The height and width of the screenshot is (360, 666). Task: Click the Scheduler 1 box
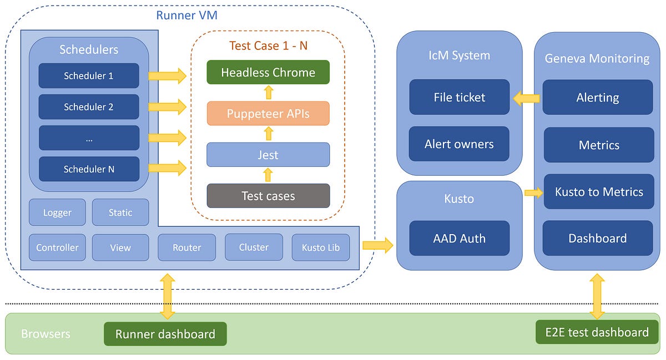pos(89,75)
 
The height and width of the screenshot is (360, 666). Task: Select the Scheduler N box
pos(89,169)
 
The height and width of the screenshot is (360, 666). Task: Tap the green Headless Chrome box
pos(268,72)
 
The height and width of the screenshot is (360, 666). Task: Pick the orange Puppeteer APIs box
pos(268,114)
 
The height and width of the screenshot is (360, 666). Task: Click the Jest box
pos(268,155)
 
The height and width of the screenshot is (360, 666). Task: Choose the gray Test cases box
pos(268,196)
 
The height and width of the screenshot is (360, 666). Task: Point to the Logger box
pos(57,212)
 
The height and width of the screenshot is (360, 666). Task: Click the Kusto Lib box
pos(321,247)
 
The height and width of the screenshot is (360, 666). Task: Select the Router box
pos(186,247)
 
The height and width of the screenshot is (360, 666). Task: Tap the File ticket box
pos(459,97)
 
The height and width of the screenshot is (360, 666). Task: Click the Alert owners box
pos(459,144)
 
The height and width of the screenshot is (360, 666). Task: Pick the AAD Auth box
pos(459,239)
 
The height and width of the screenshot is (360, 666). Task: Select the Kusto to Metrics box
pos(598,192)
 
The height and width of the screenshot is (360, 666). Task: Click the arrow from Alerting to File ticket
pos(526,98)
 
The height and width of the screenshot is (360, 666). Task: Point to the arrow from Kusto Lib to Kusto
pos(377,245)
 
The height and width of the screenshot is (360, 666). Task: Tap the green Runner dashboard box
pos(165,334)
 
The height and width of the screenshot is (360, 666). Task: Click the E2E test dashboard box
pos(597,332)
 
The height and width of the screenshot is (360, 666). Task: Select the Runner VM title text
pos(186,15)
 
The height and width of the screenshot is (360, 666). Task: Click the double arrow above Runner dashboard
pos(167,296)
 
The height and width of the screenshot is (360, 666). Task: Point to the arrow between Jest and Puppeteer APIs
pos(268,134)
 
